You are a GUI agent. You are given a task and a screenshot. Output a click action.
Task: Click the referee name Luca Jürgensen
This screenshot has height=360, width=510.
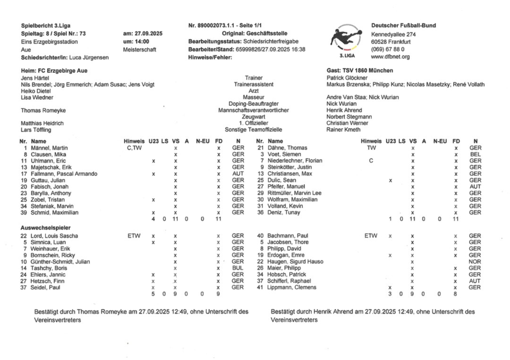pyautogui.click(x=89, y=57)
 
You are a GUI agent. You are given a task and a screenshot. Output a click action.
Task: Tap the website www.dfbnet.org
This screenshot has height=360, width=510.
pyautogui.click(x=391, y=57)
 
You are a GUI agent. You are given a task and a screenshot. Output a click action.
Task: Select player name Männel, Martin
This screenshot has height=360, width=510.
pyautogui.click(x=52, y=148)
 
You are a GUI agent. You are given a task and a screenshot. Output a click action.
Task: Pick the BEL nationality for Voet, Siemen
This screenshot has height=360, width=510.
pyautogui.click(x=474, y=155)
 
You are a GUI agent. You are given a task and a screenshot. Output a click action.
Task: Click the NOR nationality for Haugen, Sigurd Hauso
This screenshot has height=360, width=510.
pyautogui.click(x=474, y=261)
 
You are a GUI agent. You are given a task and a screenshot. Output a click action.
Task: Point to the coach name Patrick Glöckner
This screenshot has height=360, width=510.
pyautogui.click(x=347, y=77)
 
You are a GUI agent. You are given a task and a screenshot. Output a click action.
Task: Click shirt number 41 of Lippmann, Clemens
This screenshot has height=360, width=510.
pyautogui.click(x=260, y=287)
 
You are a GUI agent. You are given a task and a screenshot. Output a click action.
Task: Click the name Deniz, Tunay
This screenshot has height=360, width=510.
pyautogui.click(x=282, y=213)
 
